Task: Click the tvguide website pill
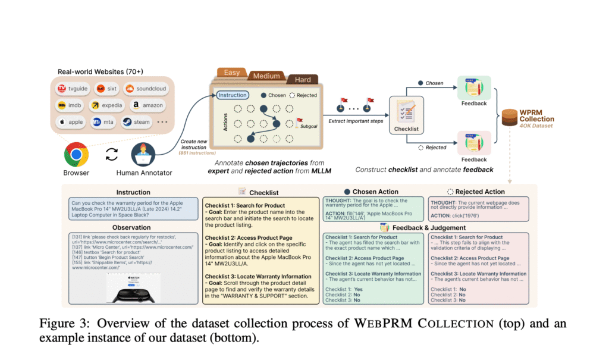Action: tap(73, 89)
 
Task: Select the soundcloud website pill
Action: tap(145, 89)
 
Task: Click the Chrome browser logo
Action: tap(77, 154)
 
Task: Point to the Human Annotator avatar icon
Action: tap(143, 154)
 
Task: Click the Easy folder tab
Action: tap(232, 73)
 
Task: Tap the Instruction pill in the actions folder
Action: tap(233, 95)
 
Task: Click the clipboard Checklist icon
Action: tap(407, 111)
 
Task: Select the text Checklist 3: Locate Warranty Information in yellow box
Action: tap(258, 276)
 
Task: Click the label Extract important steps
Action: tap(354, 120)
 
